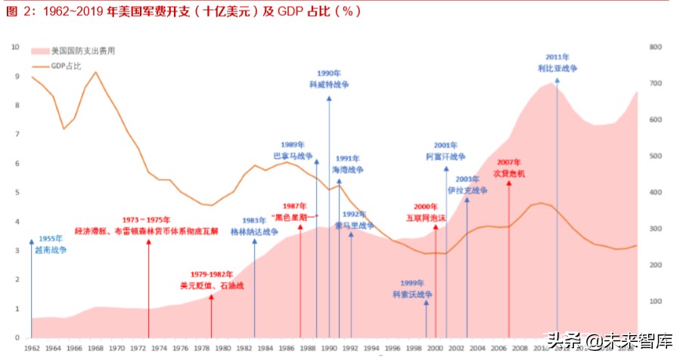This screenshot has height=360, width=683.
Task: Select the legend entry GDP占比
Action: (x=69, y=66)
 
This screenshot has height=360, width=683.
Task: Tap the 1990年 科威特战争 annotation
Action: (x=330, y=79)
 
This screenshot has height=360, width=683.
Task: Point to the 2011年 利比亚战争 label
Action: (x=557, y=63)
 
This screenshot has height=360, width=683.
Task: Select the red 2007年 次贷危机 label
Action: (x=509, y=168)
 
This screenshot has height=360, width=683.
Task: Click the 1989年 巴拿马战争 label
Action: (x=293, y=150)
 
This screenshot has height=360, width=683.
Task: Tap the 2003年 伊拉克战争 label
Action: (x=467, y=184)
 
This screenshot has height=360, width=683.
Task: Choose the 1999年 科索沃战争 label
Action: (x=411, y=289)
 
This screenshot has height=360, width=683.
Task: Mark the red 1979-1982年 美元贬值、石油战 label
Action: (x=212, y=280)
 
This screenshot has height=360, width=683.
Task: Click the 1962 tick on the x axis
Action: (x=32, y=348)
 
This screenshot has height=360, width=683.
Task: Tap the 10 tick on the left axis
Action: (x=15, y=47)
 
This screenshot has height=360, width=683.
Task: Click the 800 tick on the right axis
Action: (x=656, y=47)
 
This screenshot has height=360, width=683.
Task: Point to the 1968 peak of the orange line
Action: (x=95, y=72)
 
